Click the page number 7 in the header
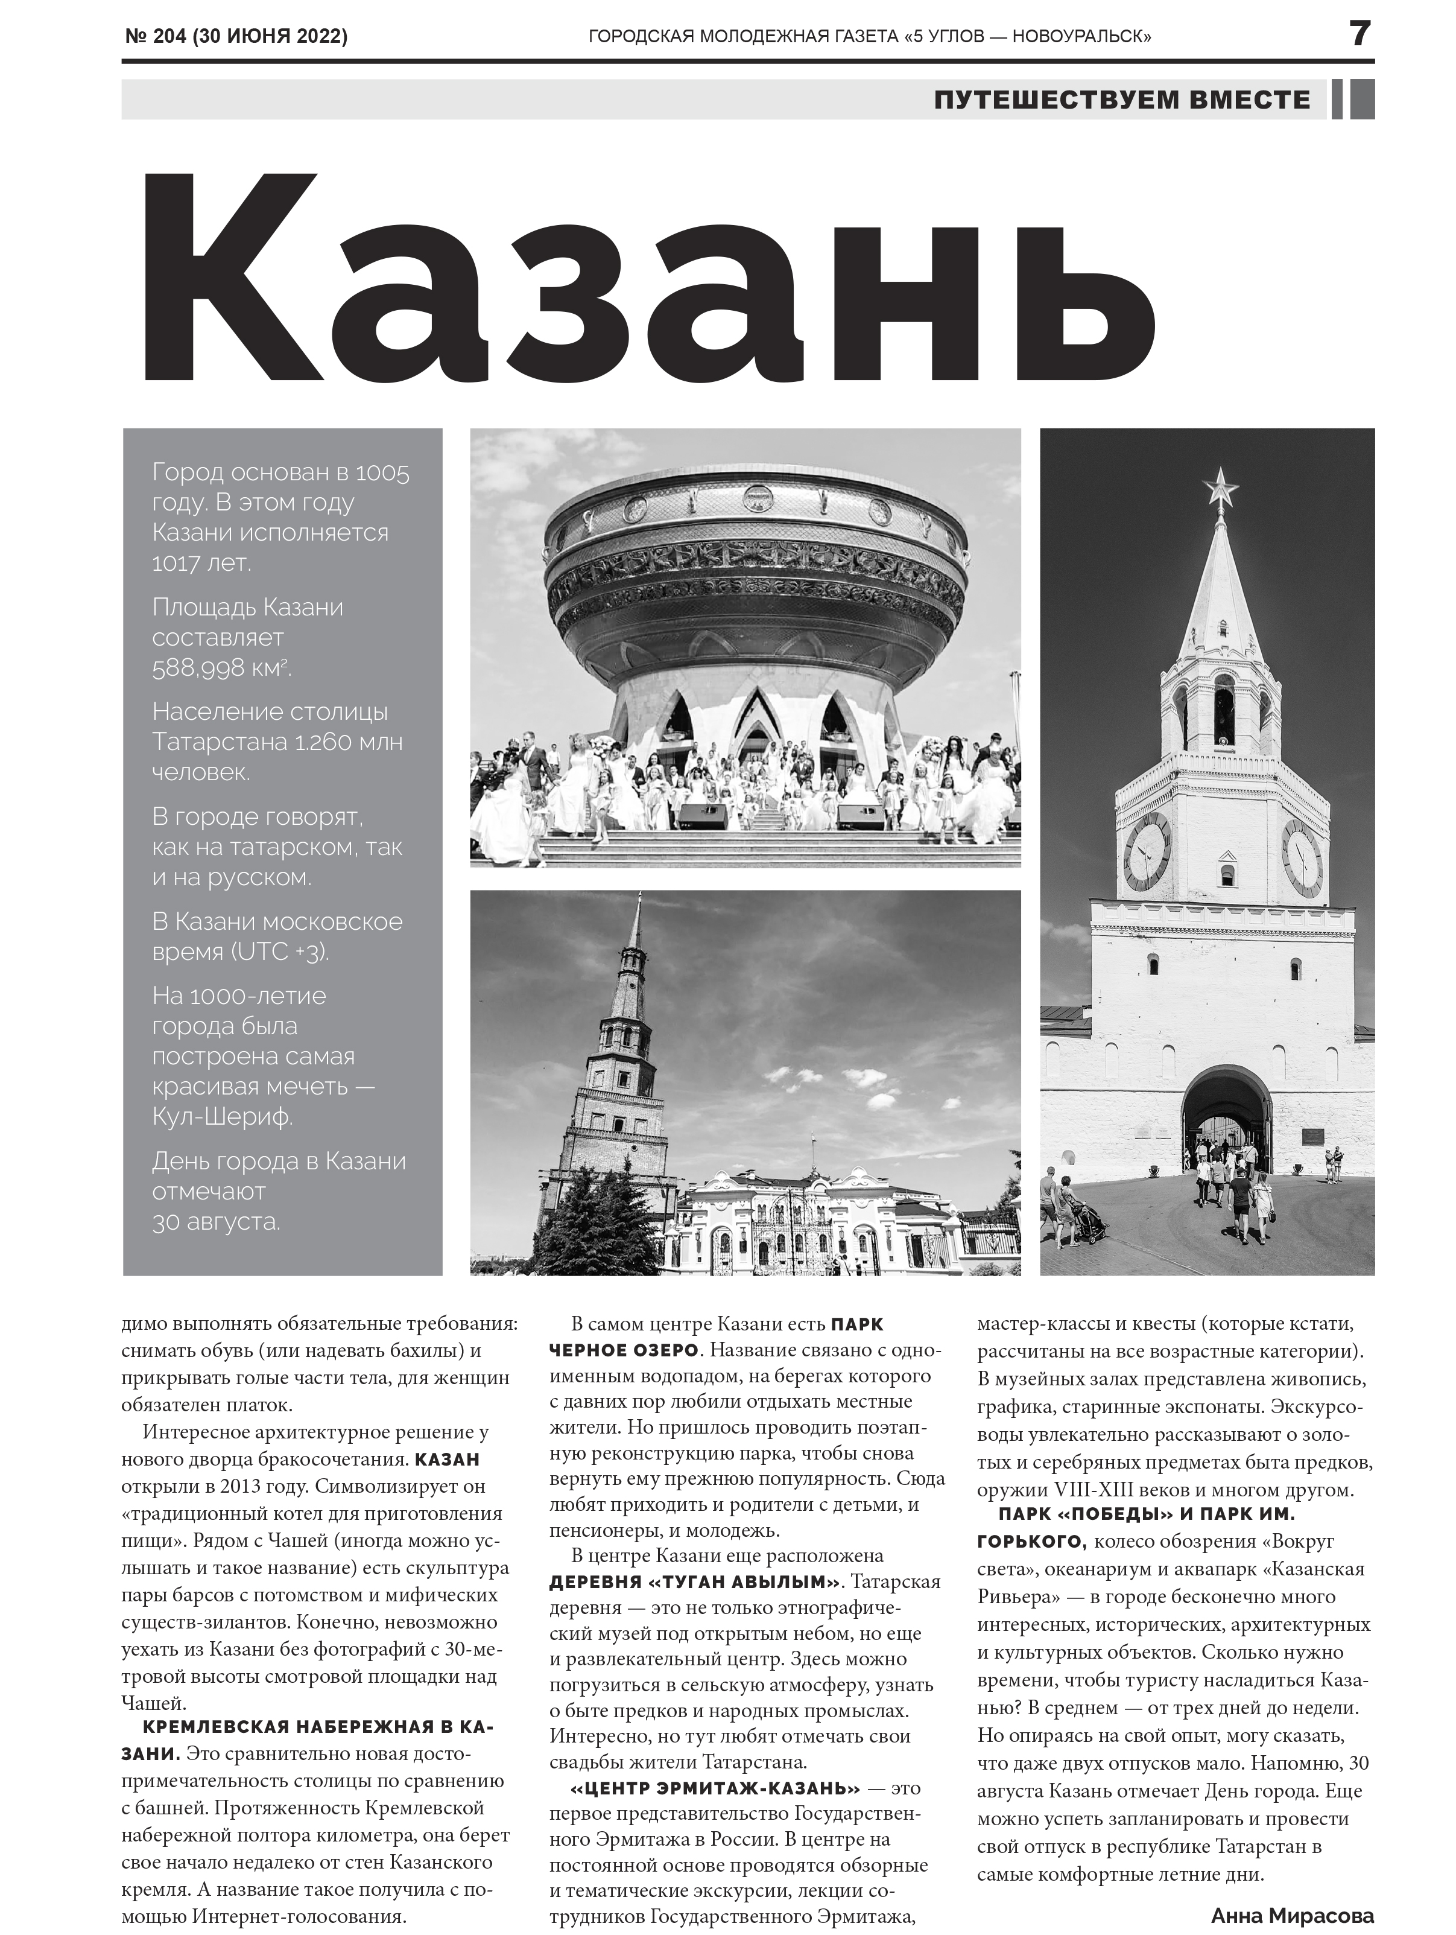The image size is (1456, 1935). point(1359,34)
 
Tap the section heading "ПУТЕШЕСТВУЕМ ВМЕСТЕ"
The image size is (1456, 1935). point(1122,100)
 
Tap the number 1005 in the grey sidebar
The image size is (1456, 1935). point(382,473)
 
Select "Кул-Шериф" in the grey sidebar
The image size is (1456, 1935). point(222,1117)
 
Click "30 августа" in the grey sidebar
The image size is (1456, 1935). point(216,1222)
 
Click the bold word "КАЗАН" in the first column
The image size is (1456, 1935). point(447,1459)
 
